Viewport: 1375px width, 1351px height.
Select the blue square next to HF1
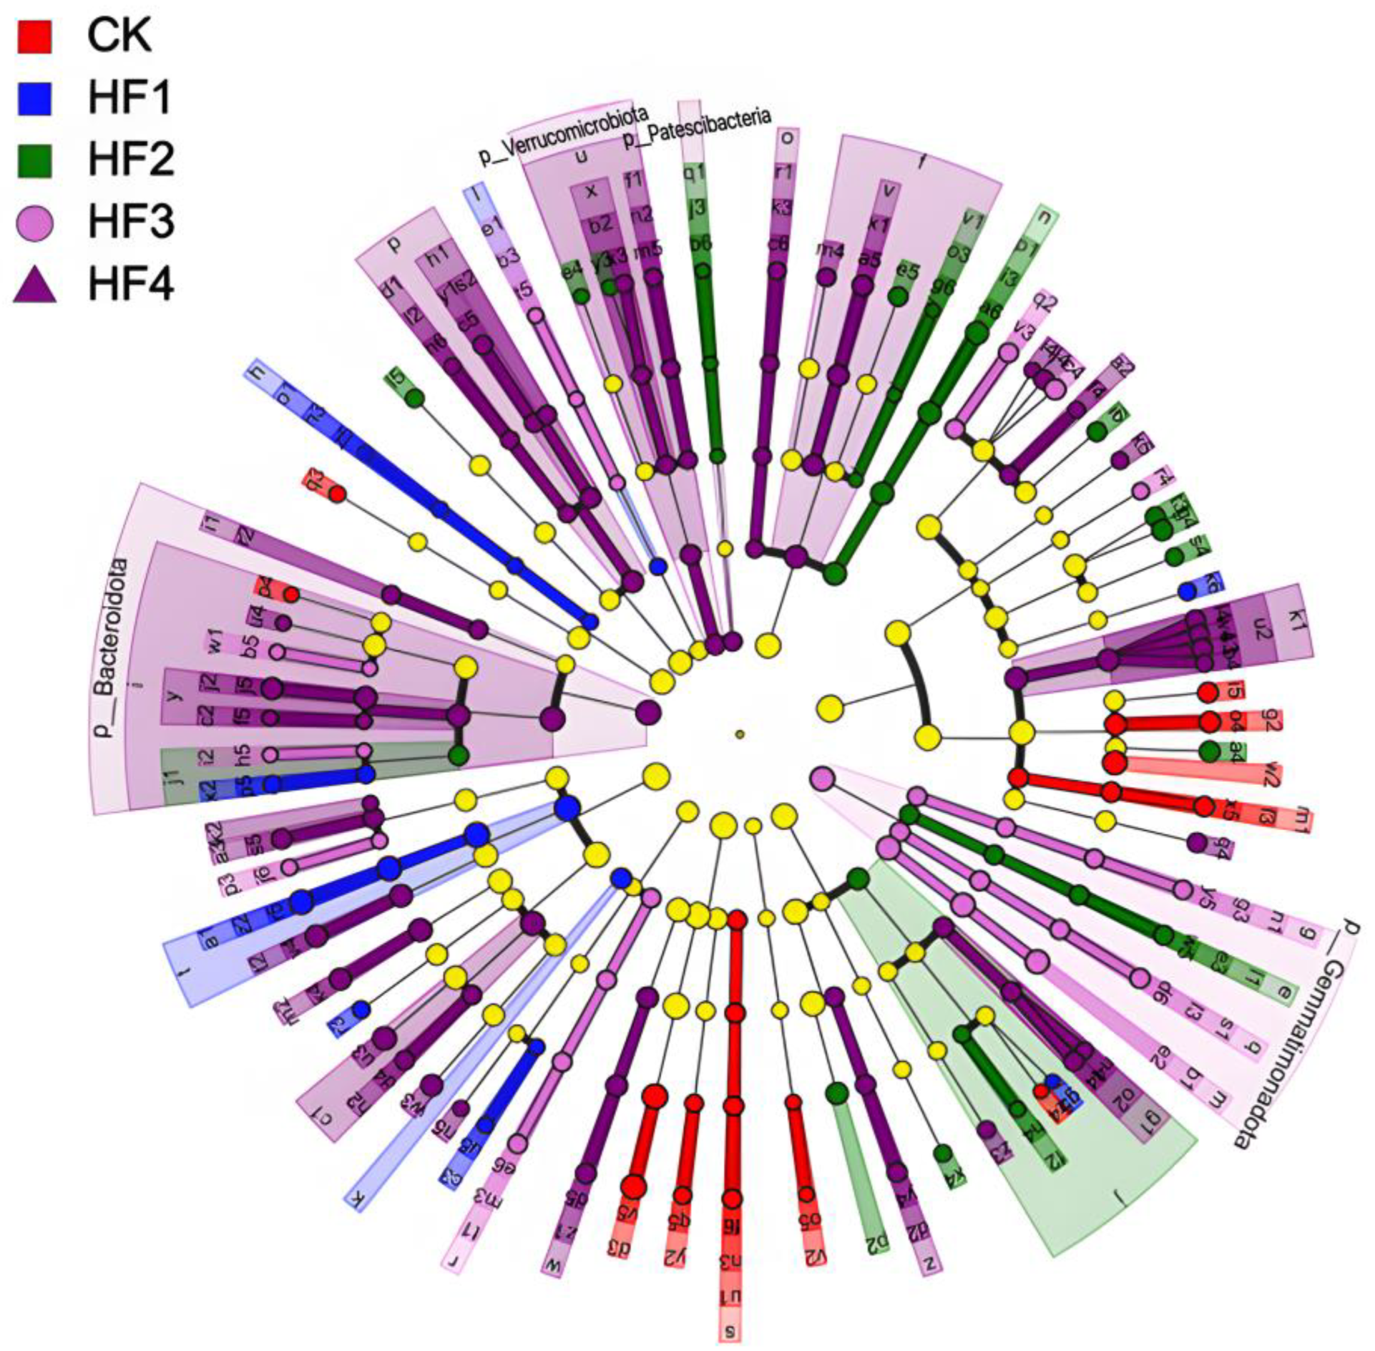(x=33, y=97)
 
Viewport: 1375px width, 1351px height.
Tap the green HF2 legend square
(x=33, y=160)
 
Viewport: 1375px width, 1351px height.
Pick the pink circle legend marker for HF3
(x=33, y=223)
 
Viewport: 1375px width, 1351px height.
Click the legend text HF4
(x=131, y=286)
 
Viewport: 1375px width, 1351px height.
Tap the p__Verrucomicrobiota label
(x=564, y=135)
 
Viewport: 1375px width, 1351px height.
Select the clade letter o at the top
(x=786, y=137)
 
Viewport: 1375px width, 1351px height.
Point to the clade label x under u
(x=591, y=190)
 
